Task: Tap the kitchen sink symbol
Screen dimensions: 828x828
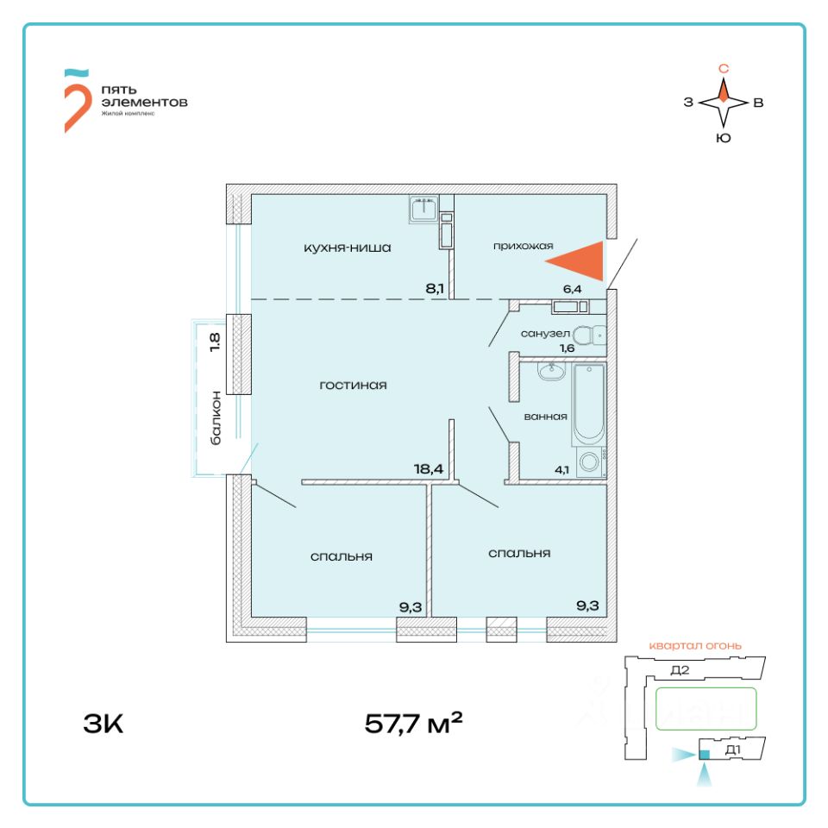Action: pyautogui.click(x=424, y=210)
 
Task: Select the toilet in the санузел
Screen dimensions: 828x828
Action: pyautogui.click(x=591, y=335)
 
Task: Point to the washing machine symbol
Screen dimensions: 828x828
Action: pyautogui.click(x=591, y=462)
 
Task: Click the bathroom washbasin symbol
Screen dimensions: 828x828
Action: pyautogui.click(x=549, y=372)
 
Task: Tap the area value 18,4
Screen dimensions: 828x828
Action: pyautogui.click(x=429, y=469)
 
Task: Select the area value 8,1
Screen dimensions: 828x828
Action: pyautogui.click(x=435, y=288)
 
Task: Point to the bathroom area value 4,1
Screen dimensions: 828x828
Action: pyautogui.click(x=561, y=470)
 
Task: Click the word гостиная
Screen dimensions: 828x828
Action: pyautogui.click(x=353, y=386)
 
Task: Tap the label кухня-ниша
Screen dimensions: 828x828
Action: pyautogui.click(x=348, y=248)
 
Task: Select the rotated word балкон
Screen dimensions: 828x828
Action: pyautogui.click(x=216, y=417)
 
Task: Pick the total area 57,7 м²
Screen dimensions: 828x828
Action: pyautogui.click(x=414, y=723)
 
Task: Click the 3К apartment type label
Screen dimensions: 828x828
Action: pyautogui.click(x=104, y=723)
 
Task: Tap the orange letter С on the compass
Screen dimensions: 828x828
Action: pyautogui.click(x=724, y=68)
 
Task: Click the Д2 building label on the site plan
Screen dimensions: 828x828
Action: pyautogui.click(x=680, y=670)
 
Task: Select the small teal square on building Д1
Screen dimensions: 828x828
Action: pyautogui.click(x=704, y=756)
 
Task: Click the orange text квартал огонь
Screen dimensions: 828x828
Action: pyautogui.click(x=695, y=645)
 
